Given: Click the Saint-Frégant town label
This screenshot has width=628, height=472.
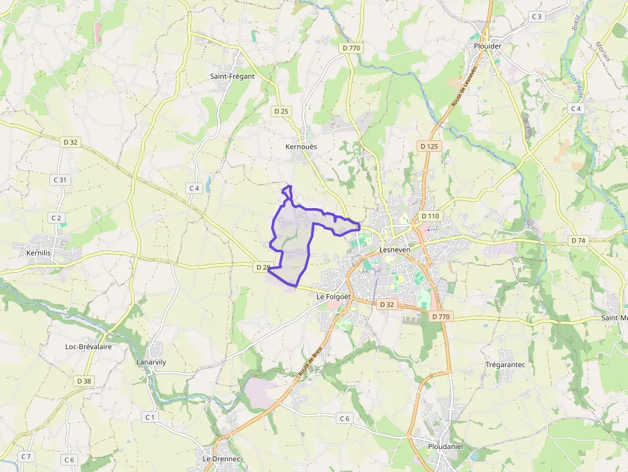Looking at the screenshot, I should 232,76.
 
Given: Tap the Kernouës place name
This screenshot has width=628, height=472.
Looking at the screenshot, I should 301,147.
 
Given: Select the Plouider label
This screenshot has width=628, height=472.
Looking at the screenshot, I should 487,46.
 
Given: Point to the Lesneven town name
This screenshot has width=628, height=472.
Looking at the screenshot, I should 395,250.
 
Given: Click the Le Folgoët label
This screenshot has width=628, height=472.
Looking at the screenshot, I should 335,297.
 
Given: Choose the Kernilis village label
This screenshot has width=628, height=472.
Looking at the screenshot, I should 38,253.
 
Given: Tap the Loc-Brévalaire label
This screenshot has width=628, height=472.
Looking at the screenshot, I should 88,346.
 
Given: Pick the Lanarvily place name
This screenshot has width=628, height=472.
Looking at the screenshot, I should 151,362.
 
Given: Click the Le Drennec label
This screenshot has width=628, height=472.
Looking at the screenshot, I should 221,459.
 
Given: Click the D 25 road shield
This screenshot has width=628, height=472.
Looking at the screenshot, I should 281,111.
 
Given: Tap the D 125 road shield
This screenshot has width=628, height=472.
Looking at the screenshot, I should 429,146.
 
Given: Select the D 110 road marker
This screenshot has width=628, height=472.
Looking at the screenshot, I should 430,216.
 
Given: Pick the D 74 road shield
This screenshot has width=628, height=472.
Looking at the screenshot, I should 578,240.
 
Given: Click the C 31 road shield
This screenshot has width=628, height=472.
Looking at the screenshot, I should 60,180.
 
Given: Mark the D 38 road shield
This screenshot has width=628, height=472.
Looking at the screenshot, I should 84,381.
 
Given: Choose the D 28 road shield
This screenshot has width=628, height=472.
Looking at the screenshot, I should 263,266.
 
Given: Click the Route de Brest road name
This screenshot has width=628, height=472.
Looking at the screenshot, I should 310,361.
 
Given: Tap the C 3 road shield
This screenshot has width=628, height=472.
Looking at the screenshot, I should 536,16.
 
